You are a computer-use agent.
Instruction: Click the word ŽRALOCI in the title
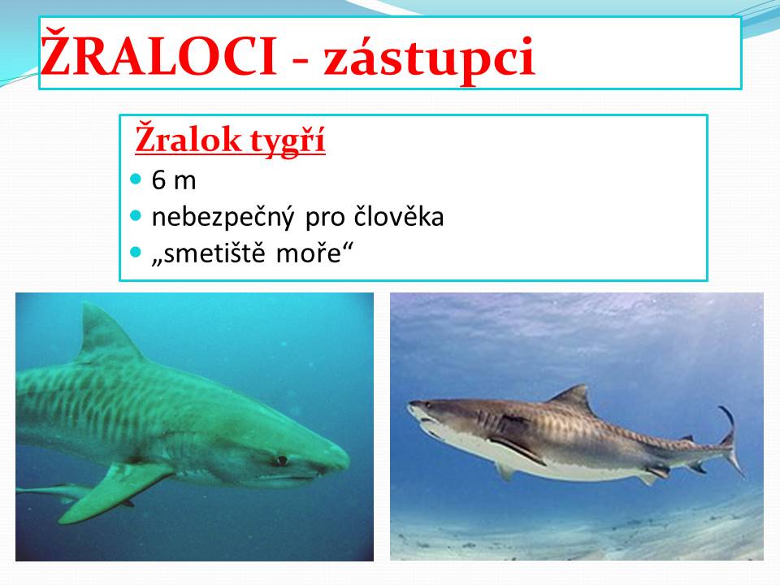[158, 54]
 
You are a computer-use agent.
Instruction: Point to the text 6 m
[174, 180]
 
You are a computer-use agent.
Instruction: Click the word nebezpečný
[223, 218]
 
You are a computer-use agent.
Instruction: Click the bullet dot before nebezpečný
[136, 215]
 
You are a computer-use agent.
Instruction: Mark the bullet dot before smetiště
[136, 252]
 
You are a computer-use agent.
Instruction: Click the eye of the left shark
[282, 460]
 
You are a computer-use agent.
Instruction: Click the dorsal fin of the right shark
[574, 398]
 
